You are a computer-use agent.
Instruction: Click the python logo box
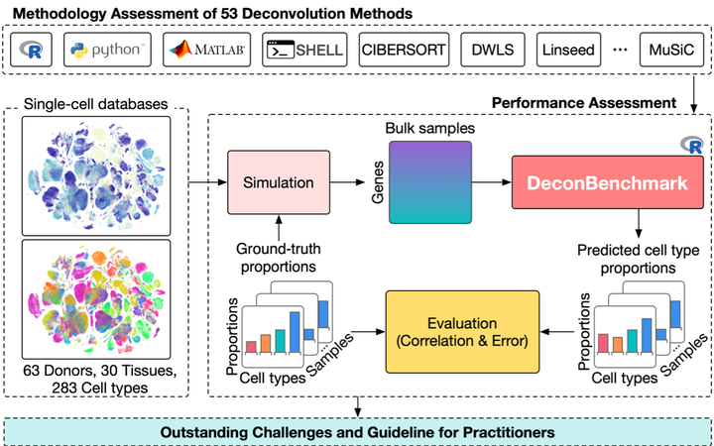tap(105, 47)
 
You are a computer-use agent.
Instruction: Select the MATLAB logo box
tap(206, 47)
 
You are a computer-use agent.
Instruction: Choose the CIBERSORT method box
tap(403, 47)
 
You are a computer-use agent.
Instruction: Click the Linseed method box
tap(567, 47)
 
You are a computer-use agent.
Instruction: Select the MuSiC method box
tap(671, 47)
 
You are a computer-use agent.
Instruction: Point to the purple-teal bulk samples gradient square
tap(427, 182)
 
